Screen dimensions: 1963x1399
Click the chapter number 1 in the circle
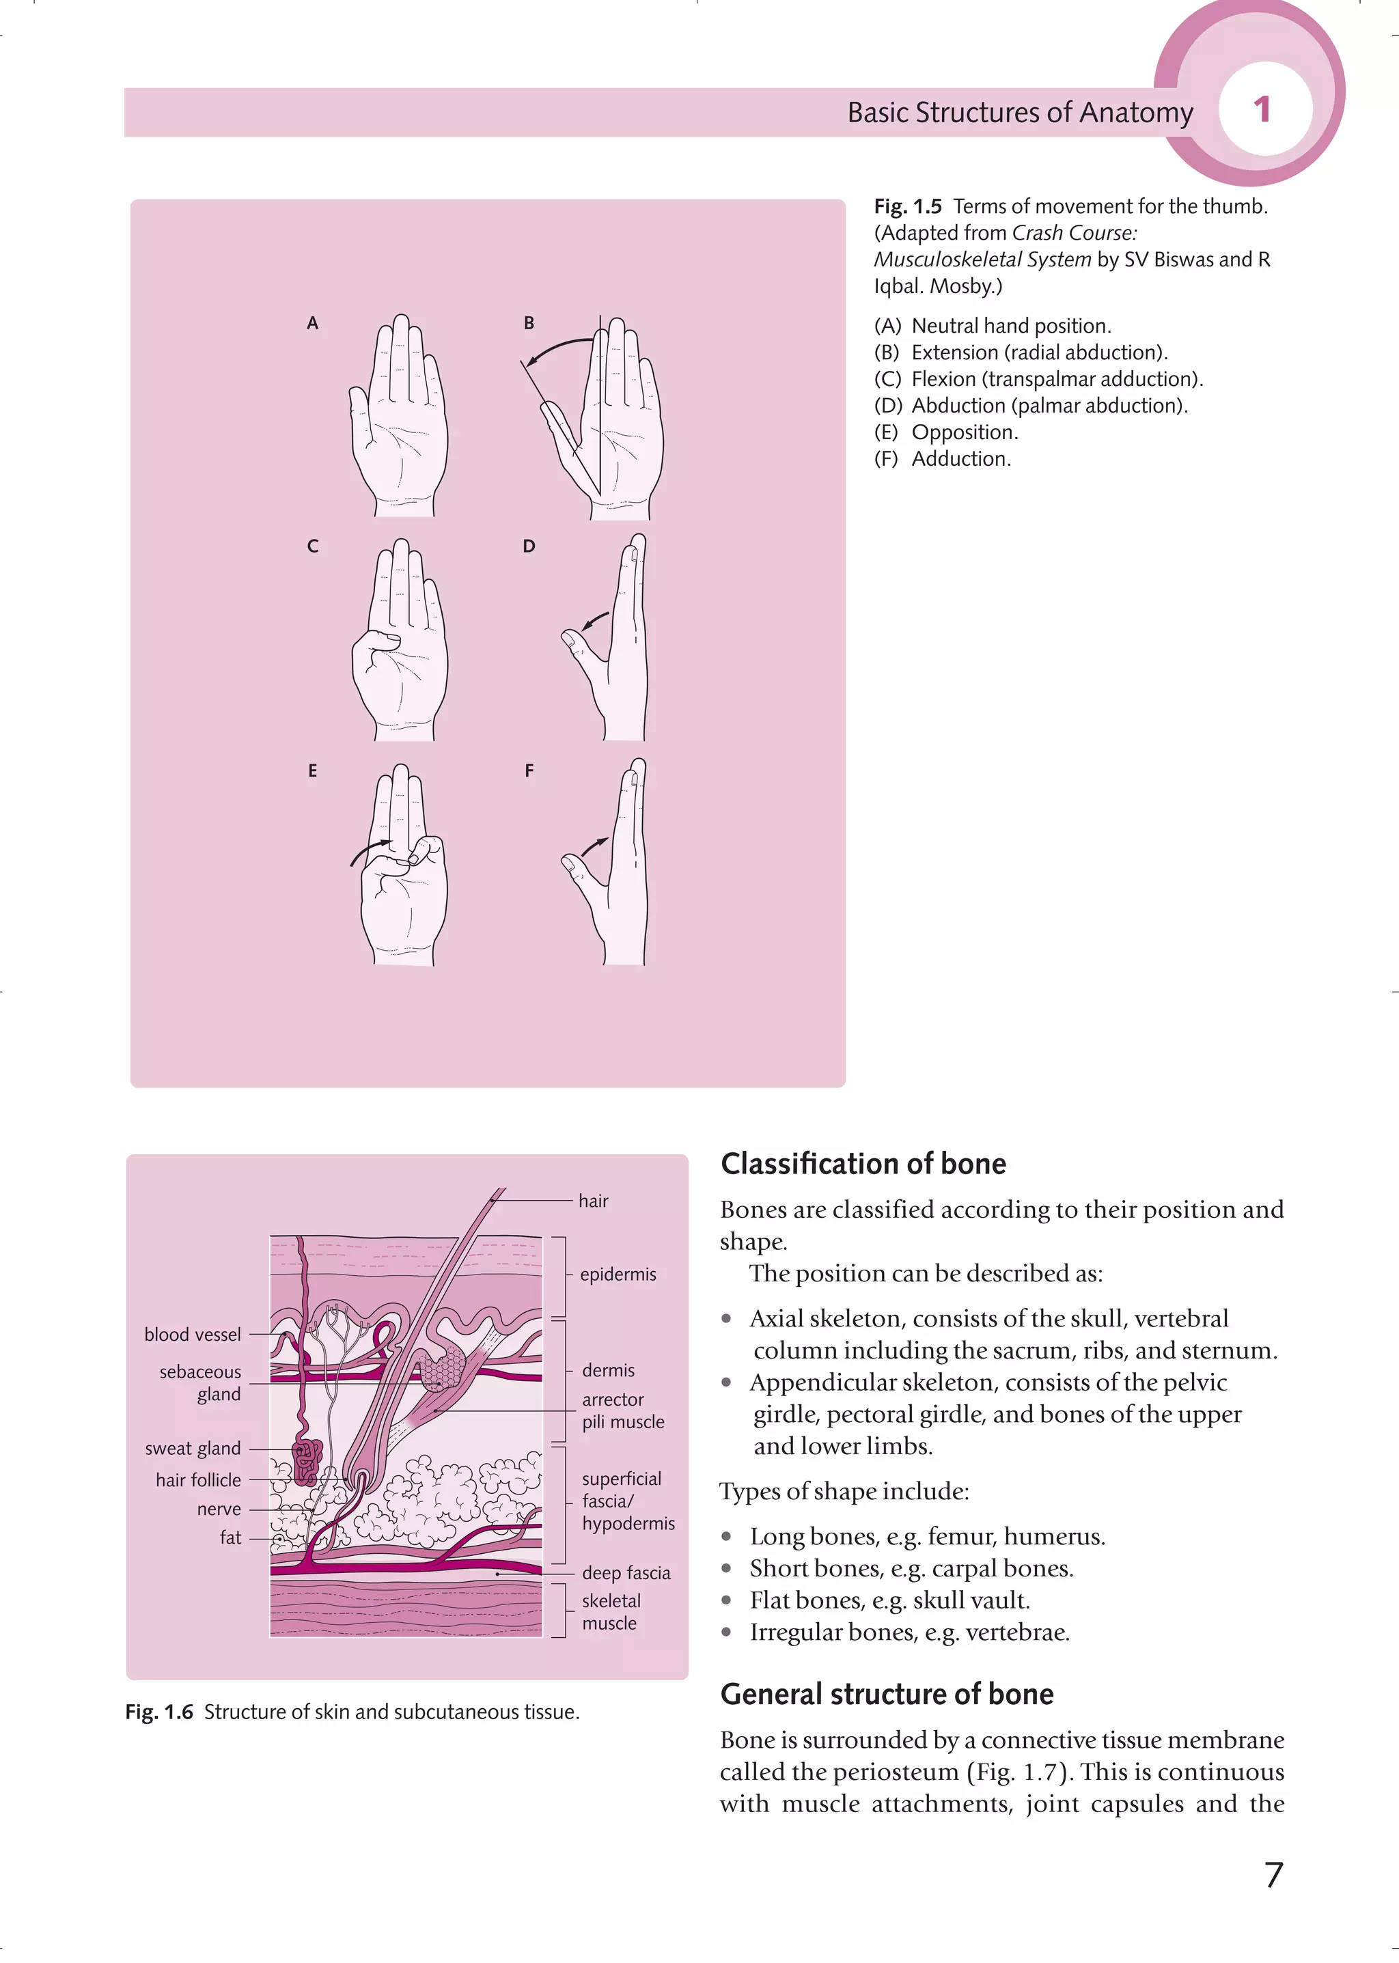[1261, 110]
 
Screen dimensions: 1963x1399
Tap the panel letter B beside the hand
[529, 323]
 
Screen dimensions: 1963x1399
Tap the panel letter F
[529, 771]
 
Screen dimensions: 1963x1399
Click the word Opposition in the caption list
[964, 432]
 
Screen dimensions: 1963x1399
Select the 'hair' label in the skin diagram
[593, 1201]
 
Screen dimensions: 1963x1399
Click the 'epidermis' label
[618, 1274]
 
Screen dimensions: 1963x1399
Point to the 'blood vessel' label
[192, 1334]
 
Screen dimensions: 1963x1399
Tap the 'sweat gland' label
[192, 1449]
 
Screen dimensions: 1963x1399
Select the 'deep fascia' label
[626, 1573]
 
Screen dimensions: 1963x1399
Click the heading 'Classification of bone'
[863, 1164]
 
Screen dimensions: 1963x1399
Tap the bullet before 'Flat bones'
[727, 1600]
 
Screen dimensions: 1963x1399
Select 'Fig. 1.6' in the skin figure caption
[159, 1712]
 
